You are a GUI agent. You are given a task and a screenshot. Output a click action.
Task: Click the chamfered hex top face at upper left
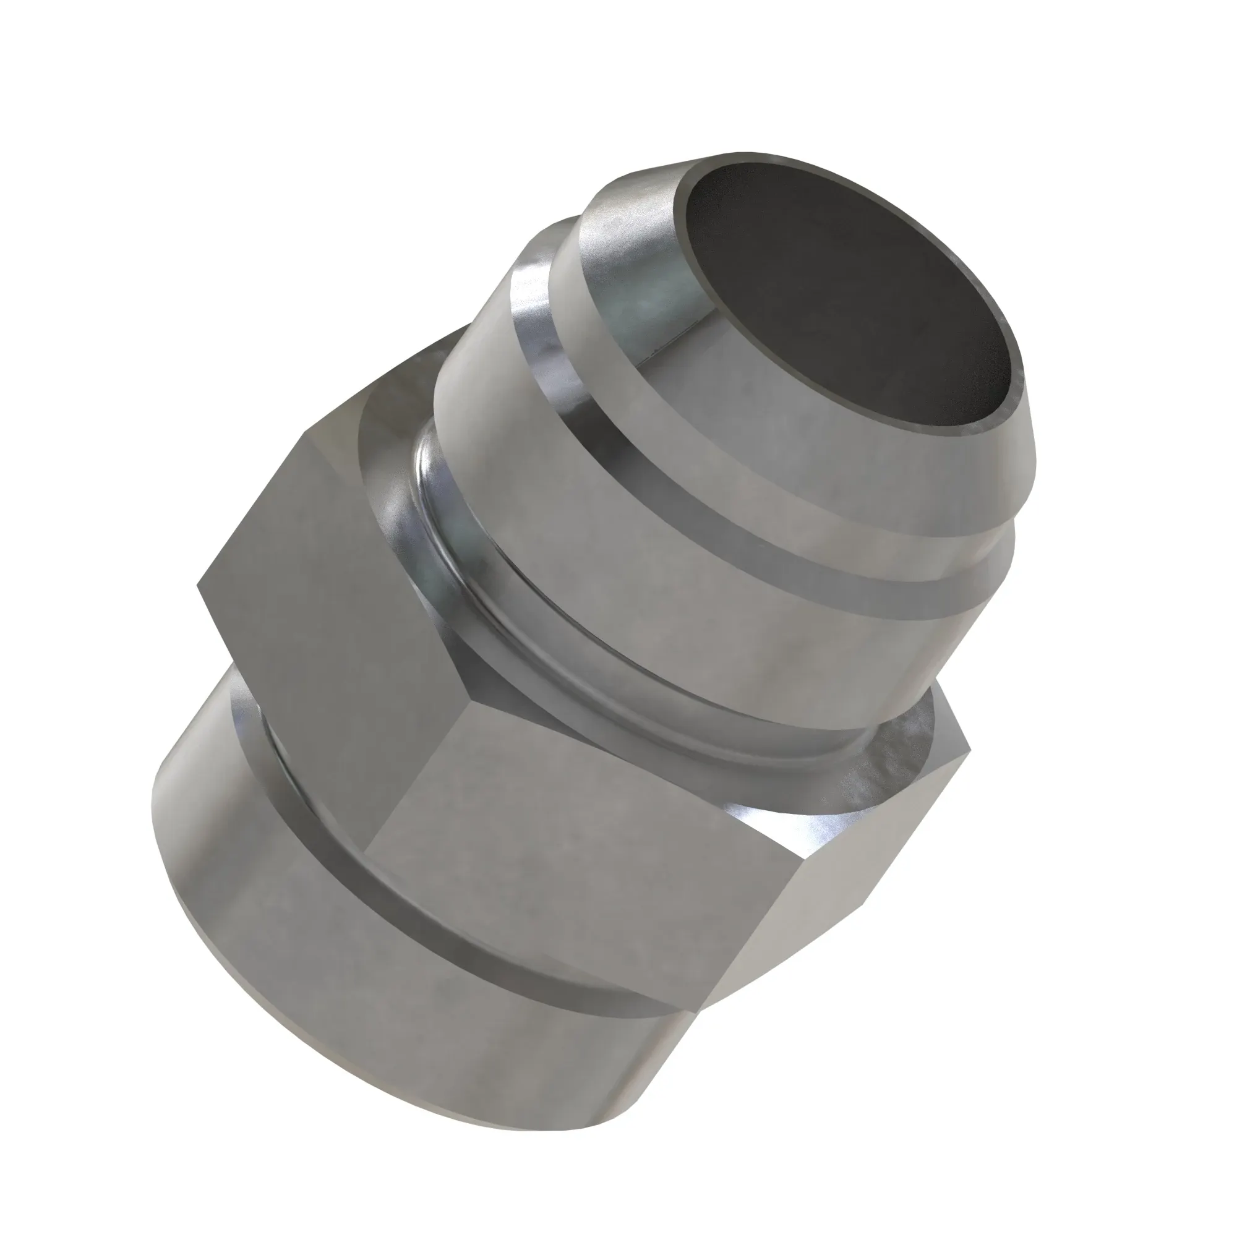[384, 410]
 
